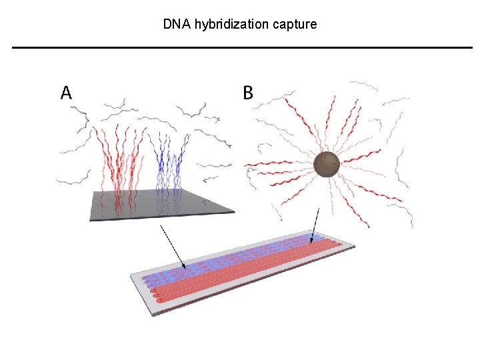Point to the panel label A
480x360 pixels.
coord(67,93)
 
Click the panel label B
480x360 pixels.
coord(248,93)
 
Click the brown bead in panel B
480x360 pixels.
coord(327,164)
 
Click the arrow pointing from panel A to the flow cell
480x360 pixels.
coord(172,246)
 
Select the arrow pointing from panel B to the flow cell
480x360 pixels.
coord(315,225)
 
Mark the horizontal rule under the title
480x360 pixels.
coord(242,47)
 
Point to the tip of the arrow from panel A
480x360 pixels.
coord(185,268)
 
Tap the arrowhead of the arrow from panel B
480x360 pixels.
coord(310,243)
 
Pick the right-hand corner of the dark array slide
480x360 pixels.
coord(235,213)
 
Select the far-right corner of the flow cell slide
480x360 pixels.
coord(355,246)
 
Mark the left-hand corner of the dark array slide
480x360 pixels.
coord(90,219)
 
